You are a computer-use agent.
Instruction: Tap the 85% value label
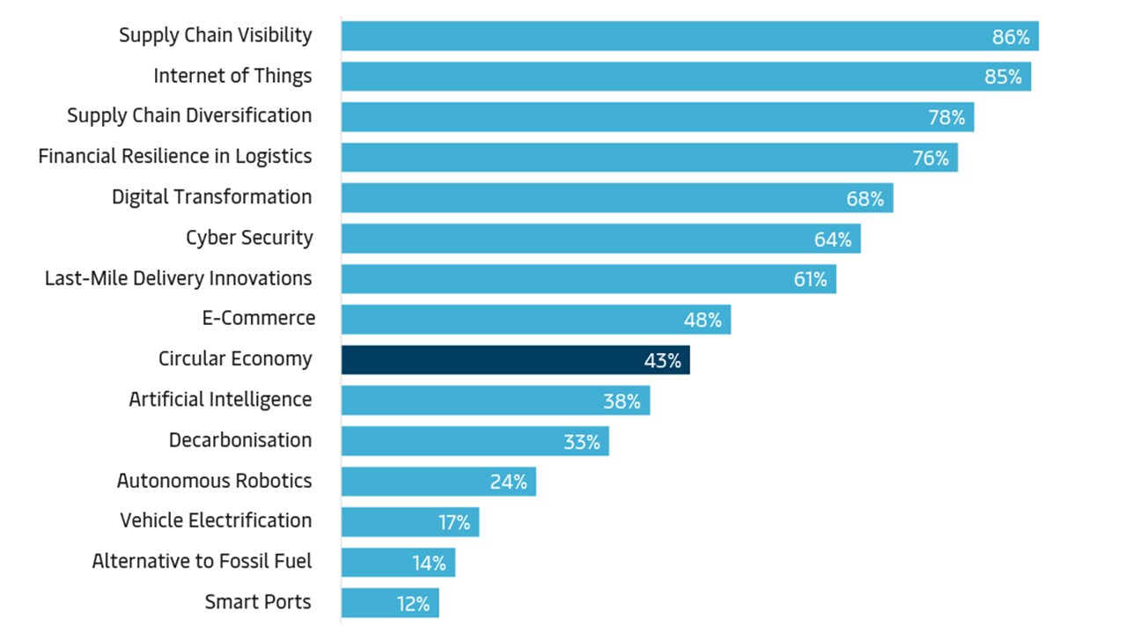tap(1003, 77)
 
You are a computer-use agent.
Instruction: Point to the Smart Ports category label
tap(258, 601)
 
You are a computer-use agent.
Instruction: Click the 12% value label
tap(413, 603)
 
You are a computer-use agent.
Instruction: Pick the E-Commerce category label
tap(259, 318)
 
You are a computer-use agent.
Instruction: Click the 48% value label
tap(703, 320)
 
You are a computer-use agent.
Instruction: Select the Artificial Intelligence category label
tap(220, 399)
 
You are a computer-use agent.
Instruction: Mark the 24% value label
tap(509, 482)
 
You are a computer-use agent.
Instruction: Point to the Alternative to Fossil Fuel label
tap(202, 561)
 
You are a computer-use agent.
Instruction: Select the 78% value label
tap(947, 117)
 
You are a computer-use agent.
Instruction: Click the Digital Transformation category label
tap(211, 196)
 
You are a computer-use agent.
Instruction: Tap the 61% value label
tap(810, 279)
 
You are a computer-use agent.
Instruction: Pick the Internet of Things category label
tap(232, 76)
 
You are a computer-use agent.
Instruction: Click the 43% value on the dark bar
tap(662, 360)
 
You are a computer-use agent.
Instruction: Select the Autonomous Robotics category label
tap(214, 480)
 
